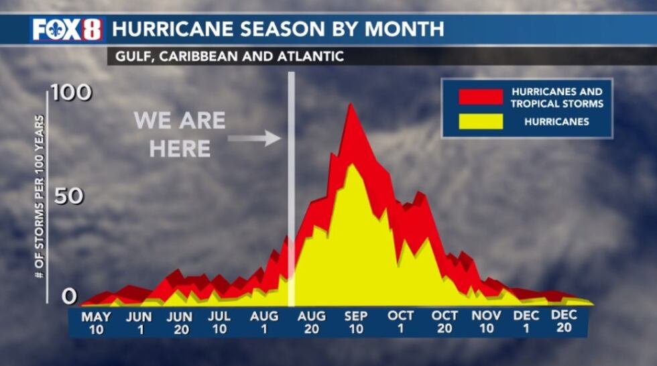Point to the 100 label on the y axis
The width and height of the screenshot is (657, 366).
(x=71, y=93)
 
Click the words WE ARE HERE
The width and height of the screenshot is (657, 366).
(x=179, y=134)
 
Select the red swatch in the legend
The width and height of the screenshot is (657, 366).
(x=481, y=97)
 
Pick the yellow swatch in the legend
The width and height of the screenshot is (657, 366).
(x=481, y=121)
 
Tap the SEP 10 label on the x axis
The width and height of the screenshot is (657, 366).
(x=356, y=322)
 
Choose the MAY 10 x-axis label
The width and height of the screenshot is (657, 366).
(x=96, y=323)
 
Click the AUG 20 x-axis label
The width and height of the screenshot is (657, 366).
(x=312, y=322)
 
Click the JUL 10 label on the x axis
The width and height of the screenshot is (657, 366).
(x=219, y=322)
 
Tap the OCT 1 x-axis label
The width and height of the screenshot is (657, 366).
(x=401, y=322)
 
